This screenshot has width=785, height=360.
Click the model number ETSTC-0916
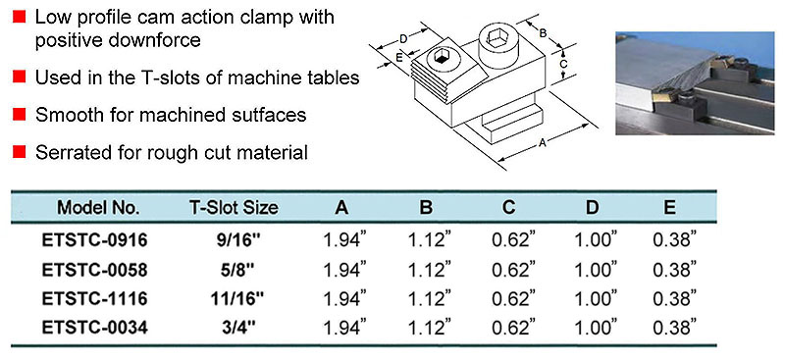tap(95, 241)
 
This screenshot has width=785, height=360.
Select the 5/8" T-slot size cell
tap(234, 270)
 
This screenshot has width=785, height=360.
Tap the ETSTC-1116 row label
tap(95, 299)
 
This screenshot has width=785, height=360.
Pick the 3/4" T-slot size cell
tap(234, 328)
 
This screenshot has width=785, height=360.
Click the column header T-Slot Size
tap(234, 208)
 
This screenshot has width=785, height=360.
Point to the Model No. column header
tap(99, 208)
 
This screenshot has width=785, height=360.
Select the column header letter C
tap(509, 208)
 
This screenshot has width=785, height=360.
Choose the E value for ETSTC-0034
tap(675, 328)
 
